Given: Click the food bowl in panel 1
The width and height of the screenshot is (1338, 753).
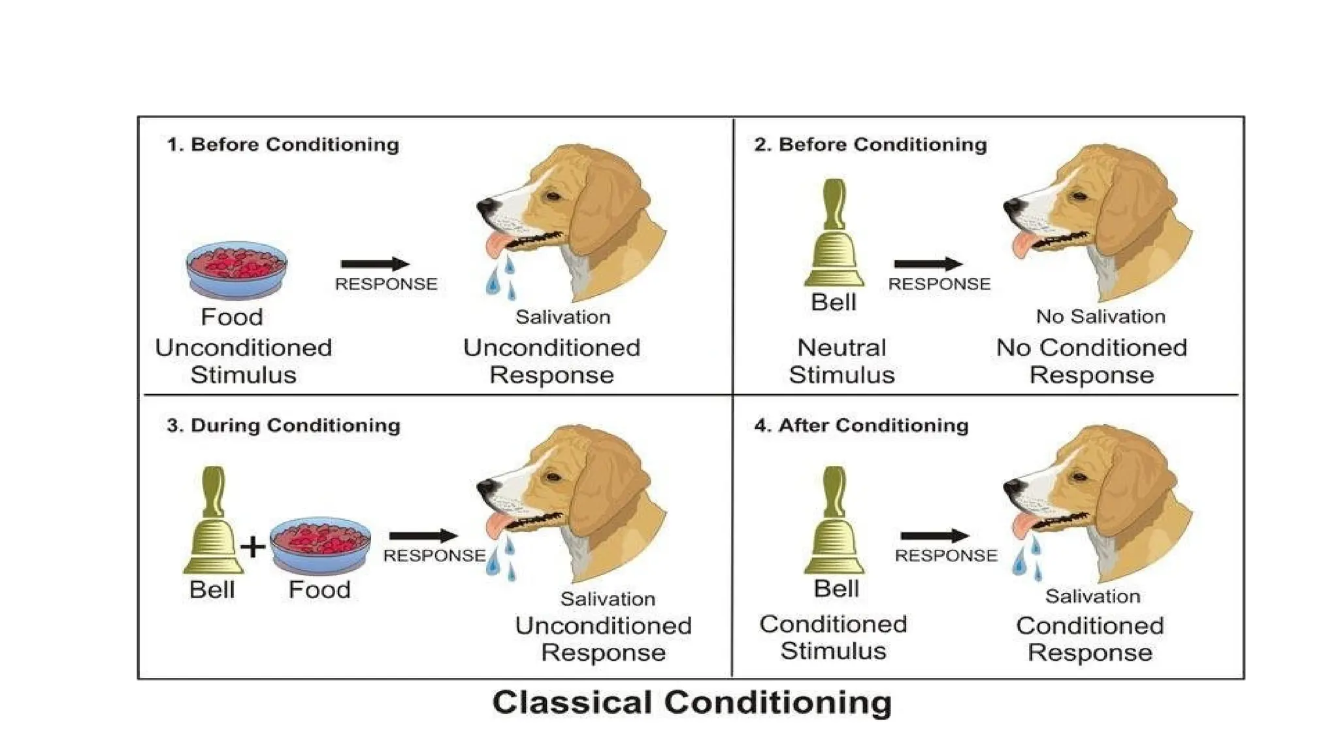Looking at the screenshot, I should pos(237,269).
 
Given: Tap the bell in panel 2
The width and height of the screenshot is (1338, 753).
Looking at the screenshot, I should pos(834,235).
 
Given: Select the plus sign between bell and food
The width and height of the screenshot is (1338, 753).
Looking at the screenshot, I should pos(253,546).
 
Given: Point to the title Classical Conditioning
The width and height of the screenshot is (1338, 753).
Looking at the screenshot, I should pos(692,703).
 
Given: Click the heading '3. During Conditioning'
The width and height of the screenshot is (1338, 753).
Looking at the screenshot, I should pos(284,426).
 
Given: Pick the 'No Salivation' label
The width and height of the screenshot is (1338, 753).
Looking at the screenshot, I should pos(1101,316).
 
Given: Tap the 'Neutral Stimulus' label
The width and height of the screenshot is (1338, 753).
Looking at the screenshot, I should pos(841,361).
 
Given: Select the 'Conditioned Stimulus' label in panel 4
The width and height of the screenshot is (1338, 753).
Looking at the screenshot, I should pos(833,637).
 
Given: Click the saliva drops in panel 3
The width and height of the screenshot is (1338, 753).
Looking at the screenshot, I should pos(502,560).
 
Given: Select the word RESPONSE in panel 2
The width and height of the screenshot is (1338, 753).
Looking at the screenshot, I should pos(939,284).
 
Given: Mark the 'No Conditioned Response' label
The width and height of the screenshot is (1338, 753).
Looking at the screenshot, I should pos(1092,361).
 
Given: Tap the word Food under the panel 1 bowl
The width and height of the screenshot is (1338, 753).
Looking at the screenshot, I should pos(232,317).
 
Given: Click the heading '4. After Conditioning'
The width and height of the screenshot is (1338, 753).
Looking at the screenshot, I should pos(861,426).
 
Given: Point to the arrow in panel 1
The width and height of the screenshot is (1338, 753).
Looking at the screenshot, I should pos(375,264).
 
